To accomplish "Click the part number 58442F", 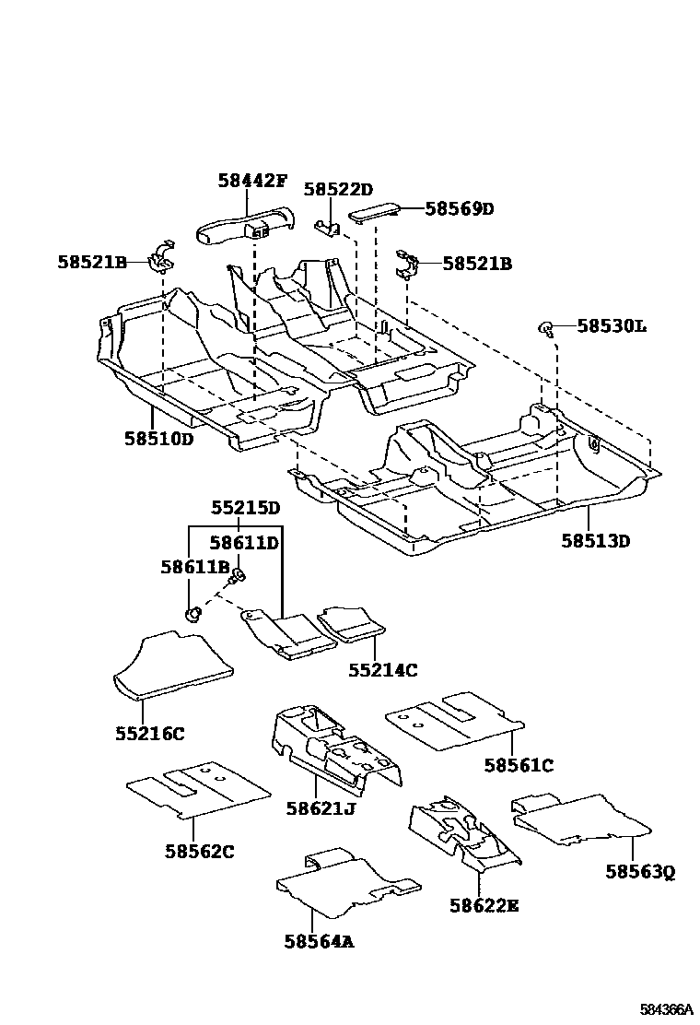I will (252, 181).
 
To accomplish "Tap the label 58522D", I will (338, 190).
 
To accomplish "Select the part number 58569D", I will (460, 209).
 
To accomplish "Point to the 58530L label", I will (612, 326).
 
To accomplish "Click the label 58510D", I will (159, 439).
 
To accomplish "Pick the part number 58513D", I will (596, 541).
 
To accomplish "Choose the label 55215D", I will (245, 508).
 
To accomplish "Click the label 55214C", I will (382, 671).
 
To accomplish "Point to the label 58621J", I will (321, 808).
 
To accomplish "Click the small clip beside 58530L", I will (546, 327).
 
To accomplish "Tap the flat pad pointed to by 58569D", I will (374, 211).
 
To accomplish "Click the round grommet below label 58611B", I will (192, 613).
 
